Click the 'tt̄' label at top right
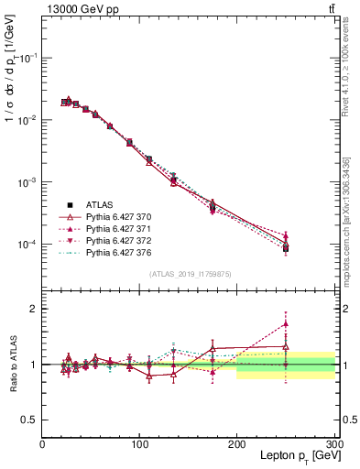pyautogui.click(x=329, y=9)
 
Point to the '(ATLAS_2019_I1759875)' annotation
pyautogui.click(x=189, y=273)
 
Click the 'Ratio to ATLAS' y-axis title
pyautogui.click(x=13, y=364)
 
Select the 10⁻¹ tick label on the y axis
pyautogui.click(x=27, y=57)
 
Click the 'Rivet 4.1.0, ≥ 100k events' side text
pyautogui.click(x=349, y=82)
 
